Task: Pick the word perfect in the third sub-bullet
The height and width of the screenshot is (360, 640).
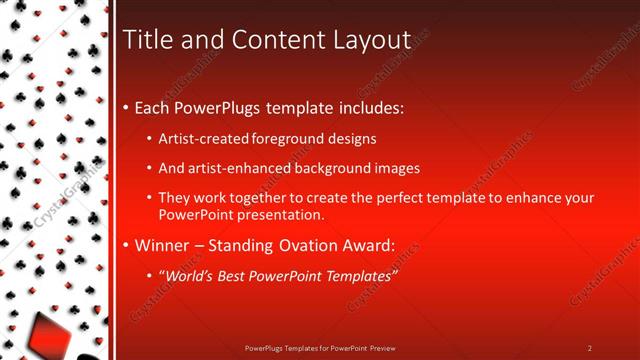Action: click(395, 198)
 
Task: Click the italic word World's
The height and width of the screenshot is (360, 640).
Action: click(190, 275)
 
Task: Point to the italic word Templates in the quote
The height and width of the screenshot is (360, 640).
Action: click(351, 275)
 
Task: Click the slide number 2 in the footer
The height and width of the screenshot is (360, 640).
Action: click(590, 348)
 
